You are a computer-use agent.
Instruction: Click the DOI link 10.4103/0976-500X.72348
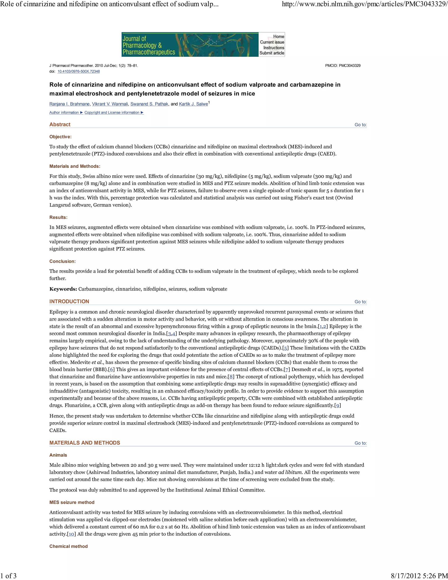(79, 71)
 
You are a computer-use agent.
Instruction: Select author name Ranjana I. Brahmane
(69, 104)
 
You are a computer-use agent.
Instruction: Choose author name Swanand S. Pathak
(149, 104)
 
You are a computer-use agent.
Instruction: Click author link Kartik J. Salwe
(193, 104)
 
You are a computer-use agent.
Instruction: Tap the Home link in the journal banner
(278, 37)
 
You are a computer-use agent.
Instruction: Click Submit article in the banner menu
(271, 53)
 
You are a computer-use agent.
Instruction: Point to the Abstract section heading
(60, 125)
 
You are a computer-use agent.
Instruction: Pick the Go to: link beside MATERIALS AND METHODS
(360, 443)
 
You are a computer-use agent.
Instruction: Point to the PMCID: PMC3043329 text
(343, 66)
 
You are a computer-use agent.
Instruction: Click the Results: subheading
(58, 217)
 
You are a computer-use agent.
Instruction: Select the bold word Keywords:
(63, 289)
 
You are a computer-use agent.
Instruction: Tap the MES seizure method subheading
(72, 502)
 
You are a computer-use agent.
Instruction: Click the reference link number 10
(71, 534)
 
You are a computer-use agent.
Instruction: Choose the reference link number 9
(337, 405)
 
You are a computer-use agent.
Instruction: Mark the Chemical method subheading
(68, 546)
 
